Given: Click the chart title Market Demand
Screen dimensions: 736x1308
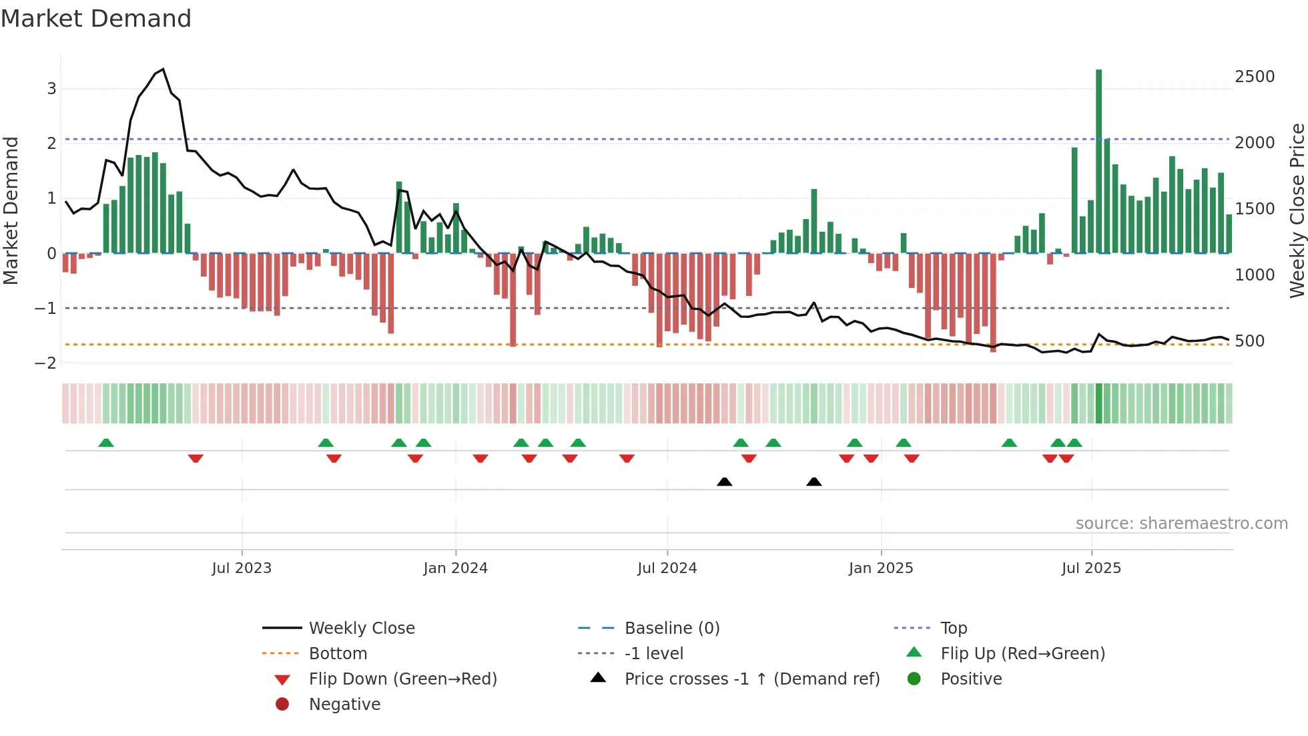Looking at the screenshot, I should pos(96,19).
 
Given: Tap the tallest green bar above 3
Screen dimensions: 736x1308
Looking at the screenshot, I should pos(1098,160).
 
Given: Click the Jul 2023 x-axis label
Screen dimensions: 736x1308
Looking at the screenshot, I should pos(242,568).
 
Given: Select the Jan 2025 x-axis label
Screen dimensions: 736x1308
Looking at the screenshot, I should pos(881,568).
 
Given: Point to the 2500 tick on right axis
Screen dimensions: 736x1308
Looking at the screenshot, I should pos(1255,77).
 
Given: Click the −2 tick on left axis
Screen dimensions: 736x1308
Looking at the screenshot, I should pos(45,363).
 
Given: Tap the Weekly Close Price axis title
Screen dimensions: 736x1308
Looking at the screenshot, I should pos(1297,210).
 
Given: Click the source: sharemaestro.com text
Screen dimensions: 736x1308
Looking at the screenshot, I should pos(1181,524).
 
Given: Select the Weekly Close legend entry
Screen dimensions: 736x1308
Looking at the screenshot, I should pos(362,628).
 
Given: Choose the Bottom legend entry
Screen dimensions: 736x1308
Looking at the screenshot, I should pos(338,654).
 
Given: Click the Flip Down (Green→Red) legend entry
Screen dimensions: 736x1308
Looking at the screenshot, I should pos(402,679).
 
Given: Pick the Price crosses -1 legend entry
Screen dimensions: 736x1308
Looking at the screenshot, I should pos(752,679).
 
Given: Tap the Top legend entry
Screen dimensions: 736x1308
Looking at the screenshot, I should pos(954,628).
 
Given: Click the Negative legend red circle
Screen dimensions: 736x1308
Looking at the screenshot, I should pos(282,705).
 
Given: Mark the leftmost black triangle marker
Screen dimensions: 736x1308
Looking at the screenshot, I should pos(724,482).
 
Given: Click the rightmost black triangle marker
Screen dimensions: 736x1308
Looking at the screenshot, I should pos(813,482).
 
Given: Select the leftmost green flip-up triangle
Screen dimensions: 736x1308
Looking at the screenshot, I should pos(106,443).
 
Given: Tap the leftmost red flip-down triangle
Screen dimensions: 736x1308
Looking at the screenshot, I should pos(196,458).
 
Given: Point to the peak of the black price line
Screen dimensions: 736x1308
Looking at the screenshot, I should pos(163,69).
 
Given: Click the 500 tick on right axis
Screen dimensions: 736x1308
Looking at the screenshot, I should pos(1249,341).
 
